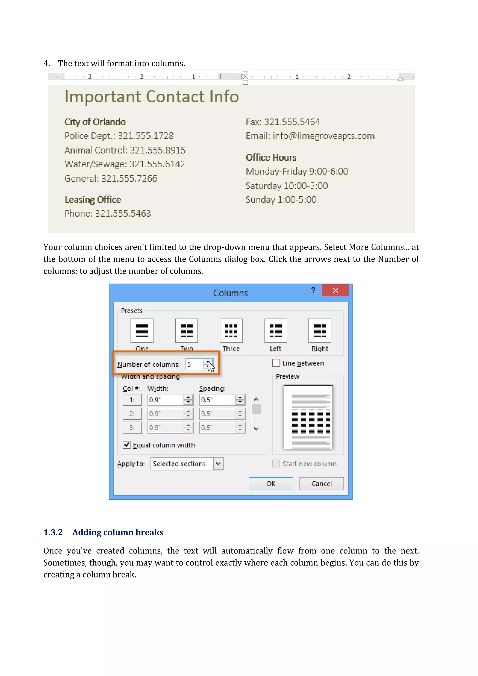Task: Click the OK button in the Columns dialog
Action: pos(271,484)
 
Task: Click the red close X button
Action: pos(335,290)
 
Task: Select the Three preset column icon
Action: pos(231,330)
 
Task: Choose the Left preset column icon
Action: pos(275,330)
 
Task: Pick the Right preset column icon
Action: pos(320,330)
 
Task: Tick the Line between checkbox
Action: pos(276,363)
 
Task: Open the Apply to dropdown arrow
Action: pos(218,464)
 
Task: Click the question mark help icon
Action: pos(313,290)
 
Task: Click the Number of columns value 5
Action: pos(194,365)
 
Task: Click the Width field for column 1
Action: pos(165,400)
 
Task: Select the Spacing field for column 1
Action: pos(217,400)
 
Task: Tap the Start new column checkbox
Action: pos(276,464)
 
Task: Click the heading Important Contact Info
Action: pos(151,97)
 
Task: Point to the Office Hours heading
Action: pos(271,158)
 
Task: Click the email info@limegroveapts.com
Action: pos(323,136)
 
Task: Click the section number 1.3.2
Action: pos(53,532)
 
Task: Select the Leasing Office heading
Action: pos(93,200)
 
